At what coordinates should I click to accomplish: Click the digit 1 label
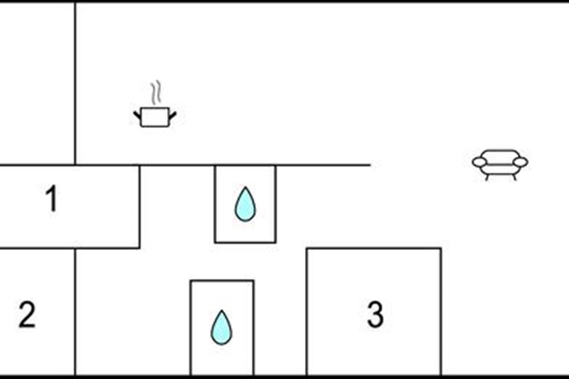point(51,199)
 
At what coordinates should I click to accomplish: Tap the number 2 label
point(27,315)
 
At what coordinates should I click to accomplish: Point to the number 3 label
point(375,315)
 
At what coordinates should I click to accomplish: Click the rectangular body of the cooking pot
point(155,117)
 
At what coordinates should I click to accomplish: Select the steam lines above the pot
point(156,94)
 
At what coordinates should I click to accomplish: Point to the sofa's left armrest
point(479,162)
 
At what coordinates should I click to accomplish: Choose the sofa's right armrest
point(521,162)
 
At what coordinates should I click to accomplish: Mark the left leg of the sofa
point(487,177)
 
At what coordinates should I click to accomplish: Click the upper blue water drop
point(245,204)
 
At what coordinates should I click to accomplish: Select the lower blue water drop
point(221,327)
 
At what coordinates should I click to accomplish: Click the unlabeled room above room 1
point(37,83)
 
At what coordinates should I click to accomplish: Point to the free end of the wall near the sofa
point(369,165)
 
